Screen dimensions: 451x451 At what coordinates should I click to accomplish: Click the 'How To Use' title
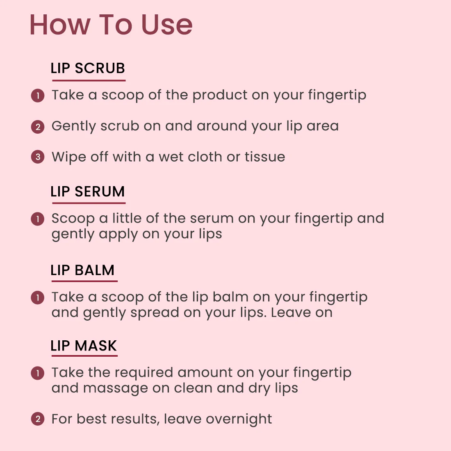[111, 25]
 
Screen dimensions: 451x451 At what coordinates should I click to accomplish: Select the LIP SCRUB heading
[88, 68]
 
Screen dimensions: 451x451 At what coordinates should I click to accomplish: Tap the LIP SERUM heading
[87, 191]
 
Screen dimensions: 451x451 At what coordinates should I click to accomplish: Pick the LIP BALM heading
[82, 270]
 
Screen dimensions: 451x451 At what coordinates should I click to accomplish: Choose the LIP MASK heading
[83, 346]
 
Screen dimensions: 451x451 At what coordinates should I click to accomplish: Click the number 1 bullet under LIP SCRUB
[38, 96]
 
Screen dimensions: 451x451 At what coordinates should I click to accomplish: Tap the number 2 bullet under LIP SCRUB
[38, 127]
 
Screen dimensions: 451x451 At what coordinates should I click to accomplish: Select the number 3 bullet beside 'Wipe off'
[38, 157]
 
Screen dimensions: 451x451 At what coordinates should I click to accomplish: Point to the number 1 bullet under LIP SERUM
[38, 219]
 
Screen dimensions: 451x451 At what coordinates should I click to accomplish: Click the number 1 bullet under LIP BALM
[38, 297]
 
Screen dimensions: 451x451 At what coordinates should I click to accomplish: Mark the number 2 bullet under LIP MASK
[38, 419]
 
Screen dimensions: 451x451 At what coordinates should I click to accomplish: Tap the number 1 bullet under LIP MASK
[38, 374]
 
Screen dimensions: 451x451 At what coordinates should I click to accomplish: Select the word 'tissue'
[265, 157]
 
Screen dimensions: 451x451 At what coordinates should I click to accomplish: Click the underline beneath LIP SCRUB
[89, 80]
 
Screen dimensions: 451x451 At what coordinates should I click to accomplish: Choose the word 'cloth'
[205, 157]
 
